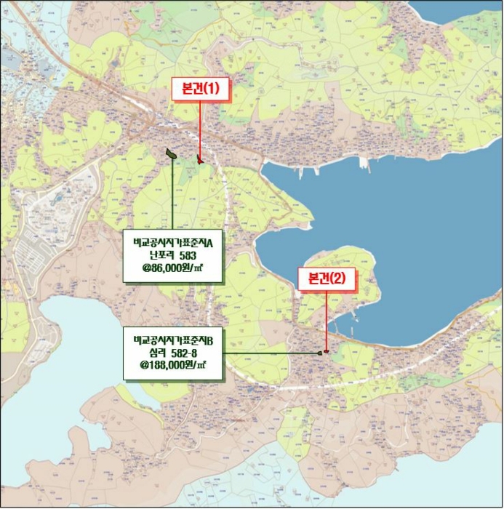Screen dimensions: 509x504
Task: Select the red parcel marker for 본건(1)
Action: coord(200,159)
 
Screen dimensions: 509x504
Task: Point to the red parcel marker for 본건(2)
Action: coord(327,352)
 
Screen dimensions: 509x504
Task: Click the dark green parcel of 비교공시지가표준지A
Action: coord(172,155)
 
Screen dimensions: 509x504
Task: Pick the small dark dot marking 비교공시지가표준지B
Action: coord(320,353)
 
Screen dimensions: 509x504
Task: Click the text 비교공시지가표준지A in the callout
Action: coord(172,242)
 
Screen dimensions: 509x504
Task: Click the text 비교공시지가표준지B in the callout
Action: coord(172,340)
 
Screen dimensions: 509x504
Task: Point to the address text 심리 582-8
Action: coord(172,353)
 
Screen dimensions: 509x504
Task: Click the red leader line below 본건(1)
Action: coord(199,127)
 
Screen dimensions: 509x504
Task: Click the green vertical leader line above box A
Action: coord(172,196)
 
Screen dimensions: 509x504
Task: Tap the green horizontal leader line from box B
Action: coord(269,353)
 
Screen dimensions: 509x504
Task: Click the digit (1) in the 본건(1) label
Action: coord(212,89)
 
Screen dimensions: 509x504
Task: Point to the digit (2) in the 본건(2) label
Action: coord(339,278)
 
